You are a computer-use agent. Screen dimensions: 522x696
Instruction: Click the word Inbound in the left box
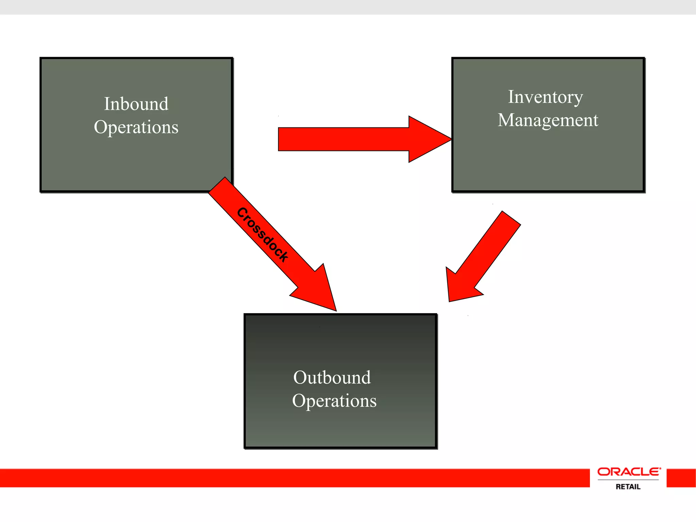pos(136,104)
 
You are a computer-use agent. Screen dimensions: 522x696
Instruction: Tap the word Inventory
pos(545,98)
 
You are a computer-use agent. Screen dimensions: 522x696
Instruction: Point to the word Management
pos(548,120)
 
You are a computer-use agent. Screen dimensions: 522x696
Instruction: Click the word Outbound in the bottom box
pos(332,378)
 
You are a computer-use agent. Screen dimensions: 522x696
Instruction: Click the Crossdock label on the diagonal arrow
pos(262,234)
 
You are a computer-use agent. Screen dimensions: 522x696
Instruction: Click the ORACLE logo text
pos(629,472)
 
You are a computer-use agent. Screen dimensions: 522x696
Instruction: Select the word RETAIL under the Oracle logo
pos(628,487)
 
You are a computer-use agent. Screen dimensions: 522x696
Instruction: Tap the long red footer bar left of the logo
pos(292,478)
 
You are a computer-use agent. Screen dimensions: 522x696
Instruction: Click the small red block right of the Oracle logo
pos(681,478)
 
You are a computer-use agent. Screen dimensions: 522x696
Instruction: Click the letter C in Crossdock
pos(242,213)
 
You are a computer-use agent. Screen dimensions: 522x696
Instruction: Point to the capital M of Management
pos(506,120)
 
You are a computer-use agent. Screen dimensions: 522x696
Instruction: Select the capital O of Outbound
pos(300,378)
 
